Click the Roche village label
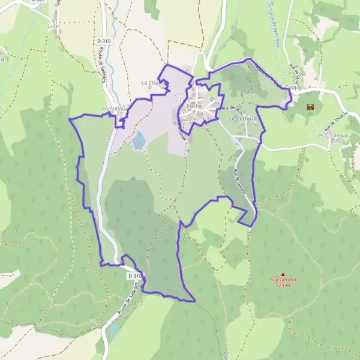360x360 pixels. point(193,106)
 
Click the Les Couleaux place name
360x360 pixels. point(332,136)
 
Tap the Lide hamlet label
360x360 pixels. point(53,28)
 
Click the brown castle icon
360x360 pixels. point(311,107)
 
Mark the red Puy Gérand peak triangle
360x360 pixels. point(283,274)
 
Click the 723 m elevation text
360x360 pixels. point(283,286)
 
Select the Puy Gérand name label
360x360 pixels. point(283,280)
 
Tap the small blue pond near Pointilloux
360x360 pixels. point(139,140)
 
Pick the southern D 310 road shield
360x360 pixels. point(135,275)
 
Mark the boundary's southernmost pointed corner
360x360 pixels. point(195,301)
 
